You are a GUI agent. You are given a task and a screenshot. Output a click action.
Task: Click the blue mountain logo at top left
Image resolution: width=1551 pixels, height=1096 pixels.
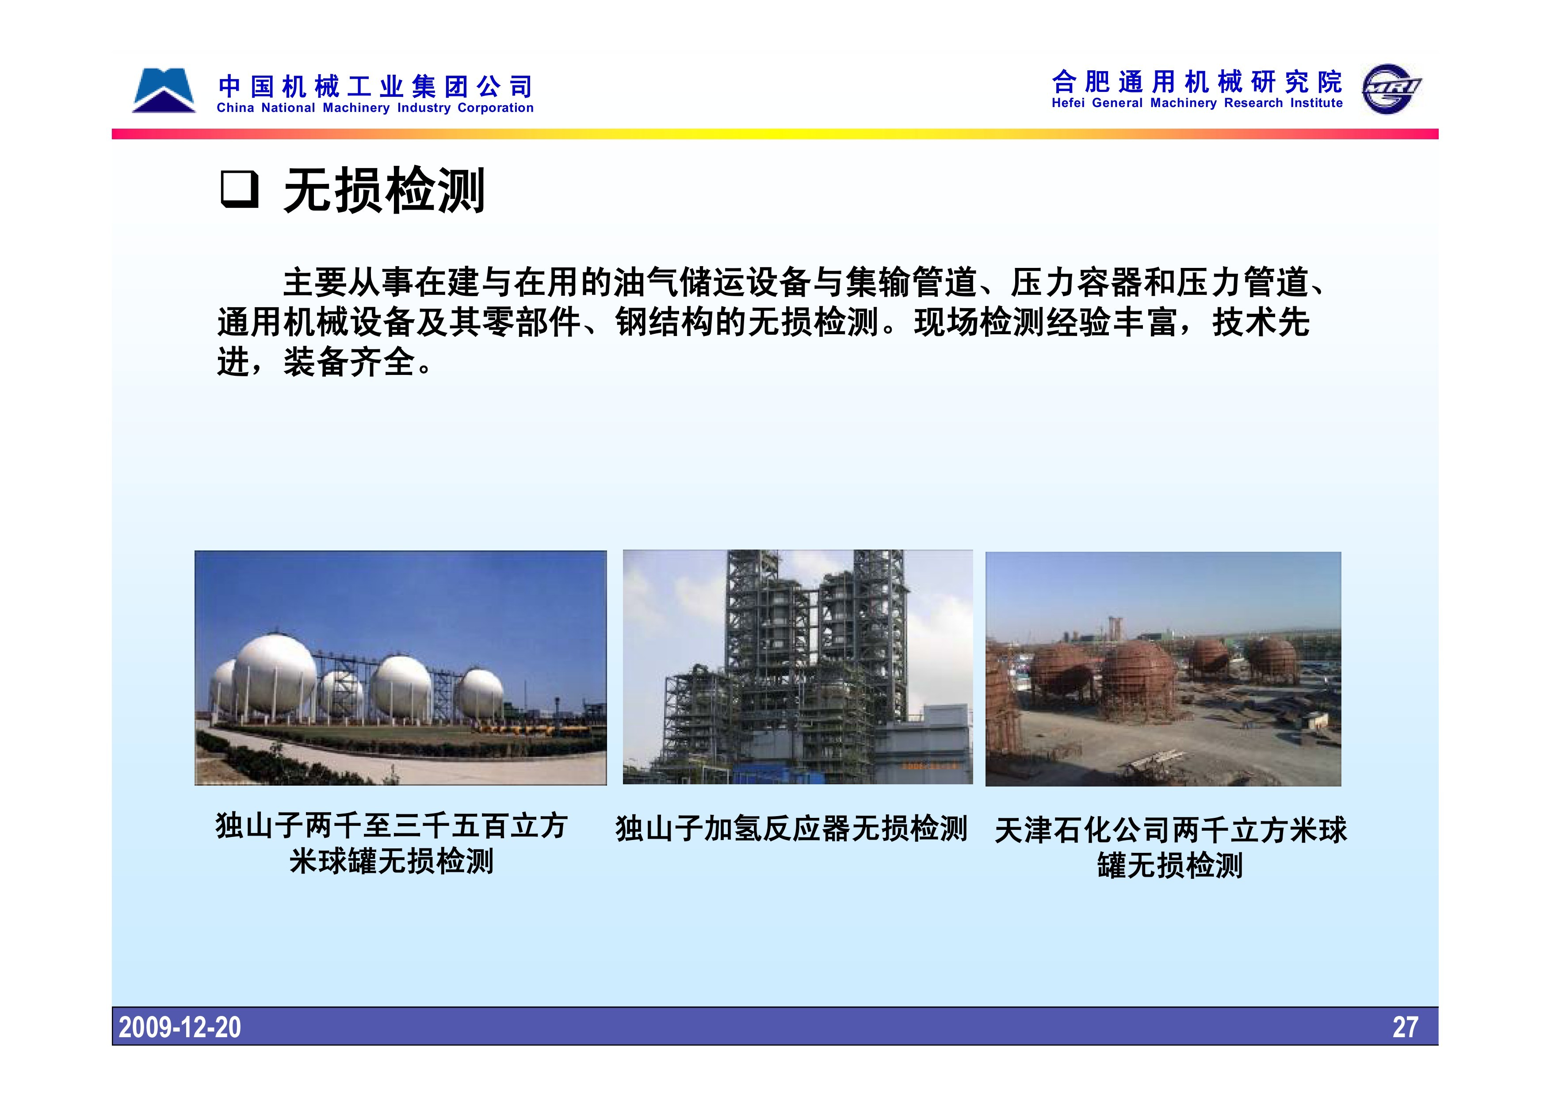pos(164,91)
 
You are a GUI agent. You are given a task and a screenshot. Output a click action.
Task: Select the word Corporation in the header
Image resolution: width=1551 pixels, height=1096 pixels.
pos(495,108)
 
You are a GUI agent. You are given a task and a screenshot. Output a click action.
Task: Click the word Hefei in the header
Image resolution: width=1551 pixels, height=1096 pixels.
pos(1068,103)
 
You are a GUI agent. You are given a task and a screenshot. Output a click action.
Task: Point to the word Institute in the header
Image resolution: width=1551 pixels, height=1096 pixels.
pos(1317,103)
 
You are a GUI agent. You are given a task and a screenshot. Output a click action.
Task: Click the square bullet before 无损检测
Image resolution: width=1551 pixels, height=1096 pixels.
pos(239,190)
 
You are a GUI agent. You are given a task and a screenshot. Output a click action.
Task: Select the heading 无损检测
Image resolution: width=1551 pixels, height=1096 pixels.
pos(384,191)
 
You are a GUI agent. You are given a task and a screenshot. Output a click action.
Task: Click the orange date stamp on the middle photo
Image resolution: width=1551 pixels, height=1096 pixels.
pos(930,766)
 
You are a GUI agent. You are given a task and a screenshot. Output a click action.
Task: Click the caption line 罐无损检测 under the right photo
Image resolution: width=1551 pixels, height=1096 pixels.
pos(1170,865)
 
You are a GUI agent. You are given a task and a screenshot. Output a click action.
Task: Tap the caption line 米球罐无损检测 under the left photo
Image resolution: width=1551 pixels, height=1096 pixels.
pos(392,861)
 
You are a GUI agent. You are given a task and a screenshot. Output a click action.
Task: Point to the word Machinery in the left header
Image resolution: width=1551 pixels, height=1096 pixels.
pos(356,108)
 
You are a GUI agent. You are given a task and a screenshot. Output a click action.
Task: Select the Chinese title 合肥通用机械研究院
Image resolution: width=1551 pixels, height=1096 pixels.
pos(1197,82)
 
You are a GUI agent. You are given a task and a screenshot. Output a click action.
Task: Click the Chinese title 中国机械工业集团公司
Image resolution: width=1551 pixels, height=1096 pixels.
pos(375,87)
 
